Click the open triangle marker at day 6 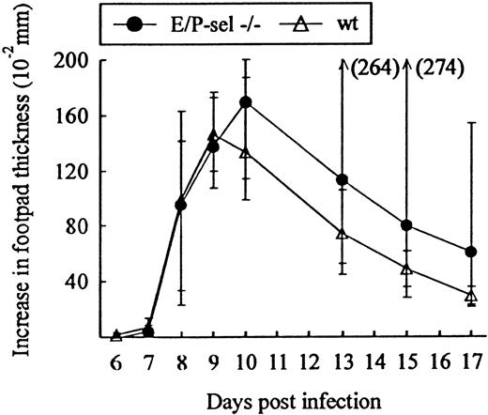[116, 335]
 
